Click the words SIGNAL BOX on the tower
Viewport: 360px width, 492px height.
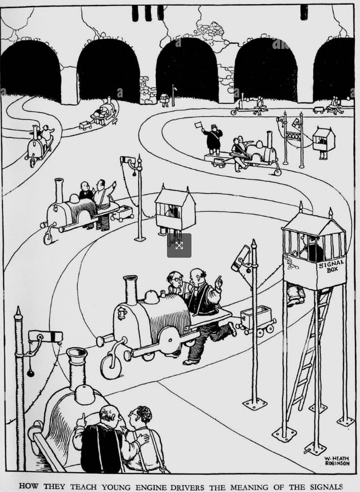331,267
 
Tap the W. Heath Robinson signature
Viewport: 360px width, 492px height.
337,461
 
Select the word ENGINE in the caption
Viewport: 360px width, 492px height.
149,487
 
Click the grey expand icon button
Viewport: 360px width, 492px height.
179,245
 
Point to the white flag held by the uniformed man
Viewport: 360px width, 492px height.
199,125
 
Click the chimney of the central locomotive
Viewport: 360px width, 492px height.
131,290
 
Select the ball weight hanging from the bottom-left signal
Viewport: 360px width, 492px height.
31,373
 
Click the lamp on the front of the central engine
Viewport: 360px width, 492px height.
122,313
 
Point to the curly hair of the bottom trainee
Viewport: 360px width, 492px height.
144,414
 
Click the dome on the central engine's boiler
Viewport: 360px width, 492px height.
151,297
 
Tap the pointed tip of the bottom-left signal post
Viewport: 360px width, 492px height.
18,311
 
